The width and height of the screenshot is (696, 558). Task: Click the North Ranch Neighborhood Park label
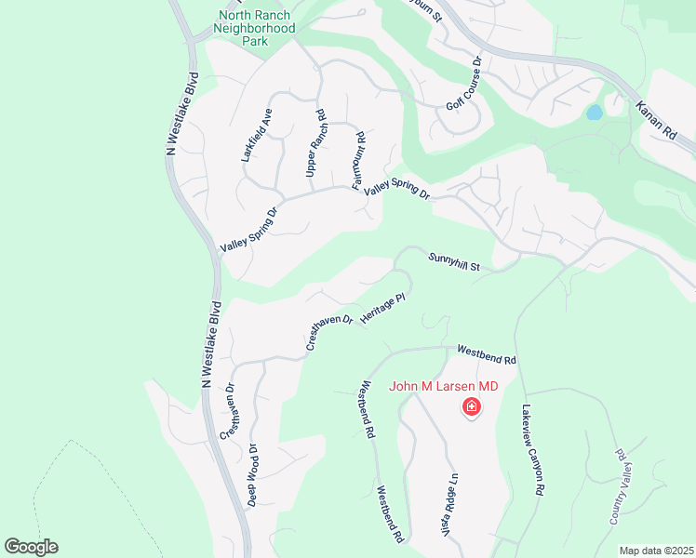(x=255, y=28)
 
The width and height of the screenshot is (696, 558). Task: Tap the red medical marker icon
(x=472, y=407)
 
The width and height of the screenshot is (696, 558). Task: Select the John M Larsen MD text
(x=444, y=386)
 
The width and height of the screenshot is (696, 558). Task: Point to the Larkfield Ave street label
(x=257, y=136)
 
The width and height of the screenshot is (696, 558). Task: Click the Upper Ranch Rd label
(x=316, y=144)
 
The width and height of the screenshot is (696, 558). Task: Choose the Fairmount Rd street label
(x=358, y=160)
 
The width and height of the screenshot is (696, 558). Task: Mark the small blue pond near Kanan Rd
(x=593, y=113)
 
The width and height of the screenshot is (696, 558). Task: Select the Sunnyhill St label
(x=453, y=262)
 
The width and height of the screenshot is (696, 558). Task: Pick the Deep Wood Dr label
(x=252, y=473)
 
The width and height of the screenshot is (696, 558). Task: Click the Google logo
(x=31, y=547)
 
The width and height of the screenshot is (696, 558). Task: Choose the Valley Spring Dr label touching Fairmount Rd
(x=397, y=191)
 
